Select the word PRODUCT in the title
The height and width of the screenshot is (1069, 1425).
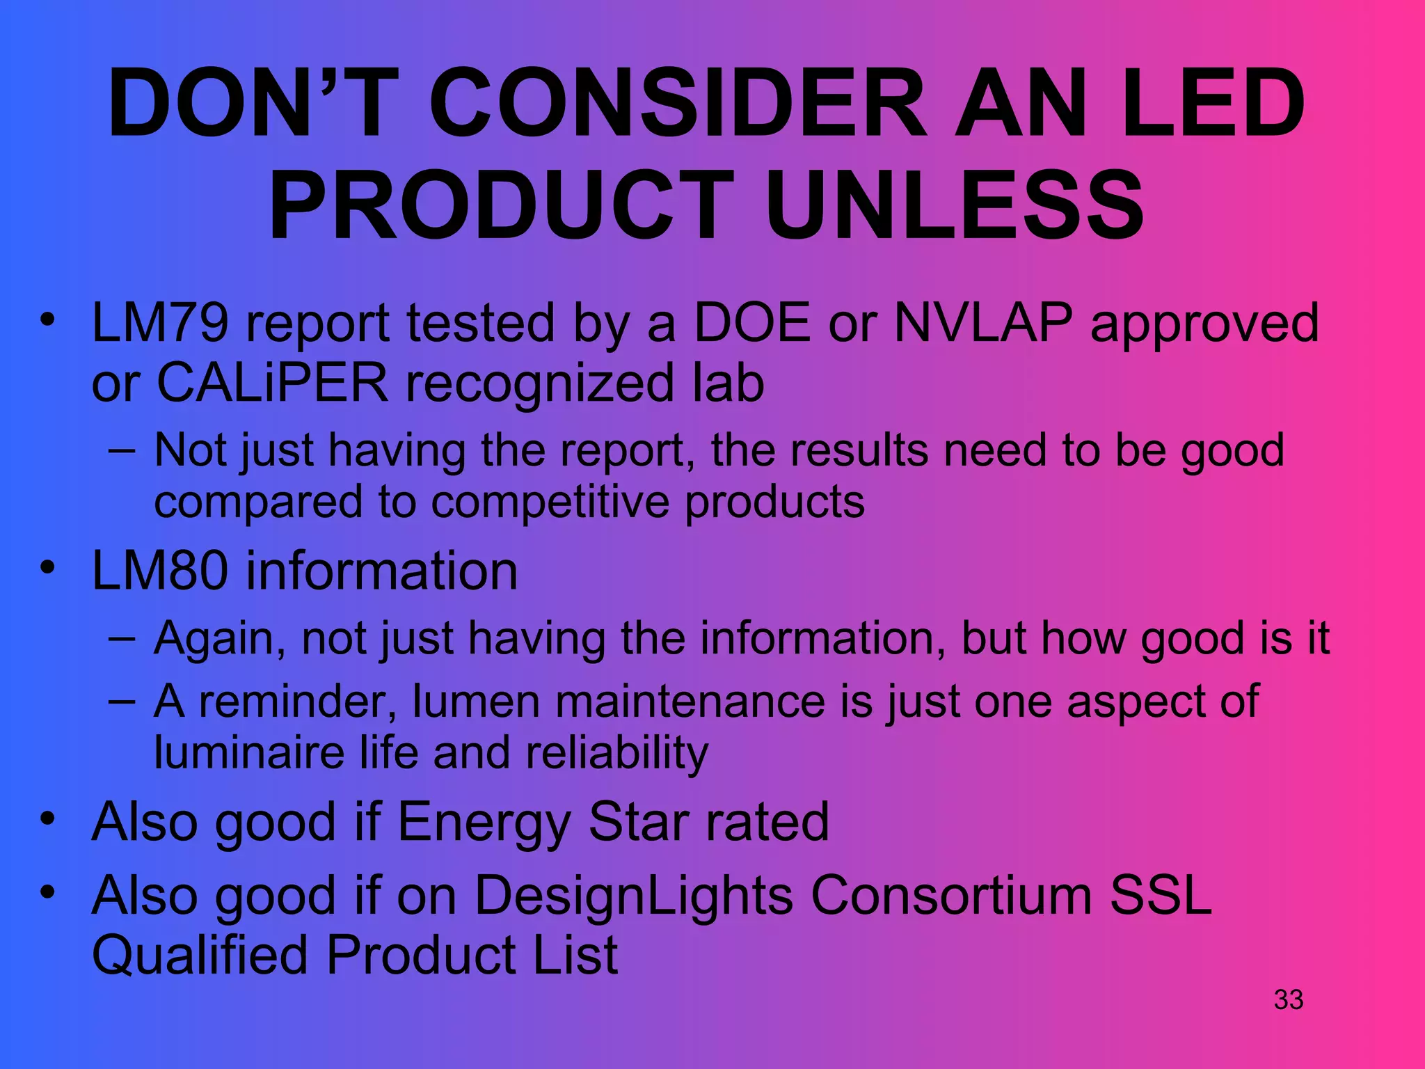[x=500, y=206]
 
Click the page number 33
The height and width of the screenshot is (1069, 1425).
[x=1288, y=999]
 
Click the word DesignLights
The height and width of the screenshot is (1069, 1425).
[x=634, y=895]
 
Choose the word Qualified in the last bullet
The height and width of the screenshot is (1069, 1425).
[x=200, y=955]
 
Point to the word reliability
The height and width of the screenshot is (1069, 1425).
[x=616, y=753]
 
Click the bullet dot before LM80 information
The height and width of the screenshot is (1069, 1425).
[x=47, y=567]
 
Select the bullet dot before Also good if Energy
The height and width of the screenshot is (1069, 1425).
[x=47, y=818]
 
